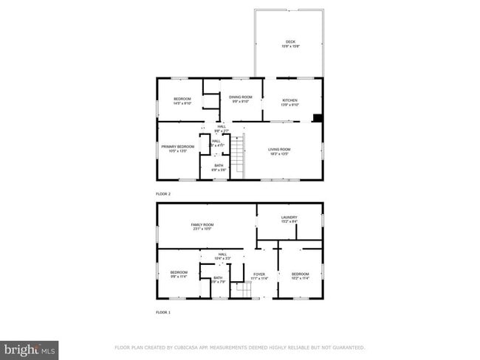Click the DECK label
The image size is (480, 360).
[289, 41]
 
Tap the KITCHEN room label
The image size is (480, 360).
[289, 100]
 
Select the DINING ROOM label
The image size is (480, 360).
[241, 97]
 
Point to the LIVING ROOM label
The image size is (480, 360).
[279, 150]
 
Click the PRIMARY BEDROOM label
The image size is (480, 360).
[178, 147]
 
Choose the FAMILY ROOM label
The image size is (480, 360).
[202, 224]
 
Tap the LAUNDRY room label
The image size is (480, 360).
[289, 217]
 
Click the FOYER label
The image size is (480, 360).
[259, 274]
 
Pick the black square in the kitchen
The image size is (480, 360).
[317, 117]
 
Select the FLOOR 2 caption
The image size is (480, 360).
[163, 194]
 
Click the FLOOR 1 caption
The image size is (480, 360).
[163, 313]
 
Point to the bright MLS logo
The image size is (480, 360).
[30, 348]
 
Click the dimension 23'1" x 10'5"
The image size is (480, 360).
[202, 229]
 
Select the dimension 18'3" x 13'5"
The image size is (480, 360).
[279, 155]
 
